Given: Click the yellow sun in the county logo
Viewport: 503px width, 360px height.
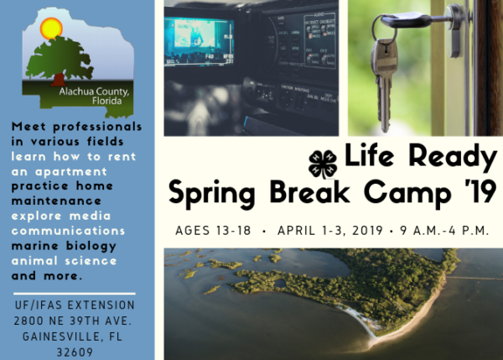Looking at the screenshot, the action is (51, 29).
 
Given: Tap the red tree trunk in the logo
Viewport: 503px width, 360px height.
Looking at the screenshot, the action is (58, 80).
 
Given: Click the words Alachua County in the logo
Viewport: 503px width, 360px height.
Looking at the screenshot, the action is (94, 91).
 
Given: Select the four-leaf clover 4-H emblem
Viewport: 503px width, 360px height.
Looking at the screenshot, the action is (323, 164).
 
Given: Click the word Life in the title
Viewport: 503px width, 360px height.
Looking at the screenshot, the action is (369, 155).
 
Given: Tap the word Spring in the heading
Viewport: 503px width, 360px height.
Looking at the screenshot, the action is (212, 194).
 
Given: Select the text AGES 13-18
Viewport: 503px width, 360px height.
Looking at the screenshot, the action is (213, 231).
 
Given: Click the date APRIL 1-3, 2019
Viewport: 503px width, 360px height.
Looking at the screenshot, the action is (330, 231).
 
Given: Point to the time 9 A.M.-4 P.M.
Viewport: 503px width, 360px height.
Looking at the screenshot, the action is (444, 231).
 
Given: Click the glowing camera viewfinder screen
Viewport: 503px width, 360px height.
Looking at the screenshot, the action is (199, 41).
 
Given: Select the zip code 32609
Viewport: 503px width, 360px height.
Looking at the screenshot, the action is (75, 352).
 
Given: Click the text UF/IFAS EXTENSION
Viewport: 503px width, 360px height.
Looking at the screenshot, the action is (75, 305).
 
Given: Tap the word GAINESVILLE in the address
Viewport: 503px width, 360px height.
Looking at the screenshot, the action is (63, 337).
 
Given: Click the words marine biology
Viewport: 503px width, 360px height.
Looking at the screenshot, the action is (64, 246).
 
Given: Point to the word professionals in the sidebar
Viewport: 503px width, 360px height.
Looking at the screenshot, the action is (97, 127).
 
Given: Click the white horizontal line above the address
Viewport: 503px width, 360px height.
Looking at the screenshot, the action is (75, 294).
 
